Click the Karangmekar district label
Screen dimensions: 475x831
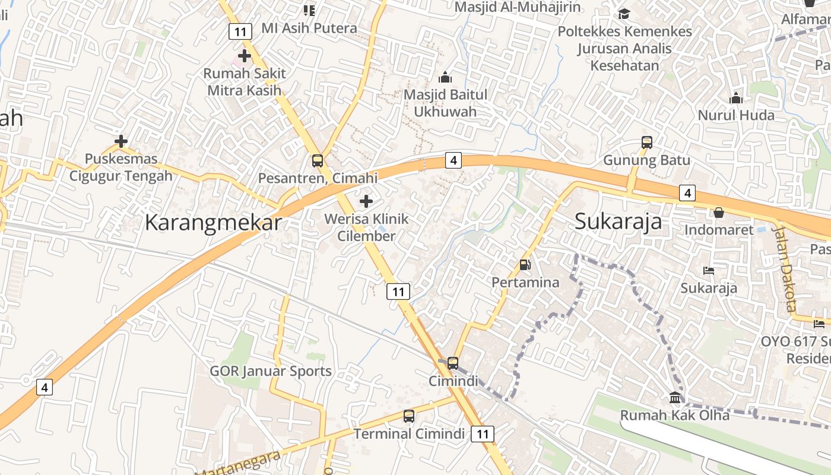pyautogui.click(x=213, y=223)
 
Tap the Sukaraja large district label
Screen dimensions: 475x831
pyautogui.click(x=618, y=221)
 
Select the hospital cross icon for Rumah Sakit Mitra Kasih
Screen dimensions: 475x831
pyautogui.click(x=244, y=56)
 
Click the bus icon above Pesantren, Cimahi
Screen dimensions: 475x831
pyautogui.click(x=318, y=160)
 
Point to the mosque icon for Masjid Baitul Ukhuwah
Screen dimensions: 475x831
pyautogui.click(x=445, y=77)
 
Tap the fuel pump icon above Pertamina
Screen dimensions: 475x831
pyautogui.click(x=525, y=265)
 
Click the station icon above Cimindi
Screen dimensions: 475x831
pyautogui.click(x=453, y=363)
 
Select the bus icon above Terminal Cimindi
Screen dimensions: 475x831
pyautogui.click(x=409, y=416)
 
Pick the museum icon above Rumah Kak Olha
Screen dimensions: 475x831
pyautogui.click(x=675, y=397)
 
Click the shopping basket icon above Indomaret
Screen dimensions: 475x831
pyautogui.click(x=719, y=212)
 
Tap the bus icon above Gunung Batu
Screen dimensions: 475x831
pyautogui.click(x=646, y=142)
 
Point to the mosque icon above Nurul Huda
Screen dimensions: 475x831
pyautogui.click(x=736, y=98)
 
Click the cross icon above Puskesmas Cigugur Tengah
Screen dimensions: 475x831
pyautogui.click(x=121, y=141)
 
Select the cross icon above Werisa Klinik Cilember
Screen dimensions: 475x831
pyautogui.click(x=366, y=201)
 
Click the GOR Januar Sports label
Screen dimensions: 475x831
pyautogui.click(x=271, y=371)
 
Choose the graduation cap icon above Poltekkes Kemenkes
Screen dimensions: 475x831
pyautogui.click(x=624, y=14)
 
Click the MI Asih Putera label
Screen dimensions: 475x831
pyautogui.click(x=309, y=28)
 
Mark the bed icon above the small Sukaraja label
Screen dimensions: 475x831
pyautogui.click(x=708, y=271)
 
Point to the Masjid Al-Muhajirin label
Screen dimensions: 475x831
pyautogui.click(x=518, y=7)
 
